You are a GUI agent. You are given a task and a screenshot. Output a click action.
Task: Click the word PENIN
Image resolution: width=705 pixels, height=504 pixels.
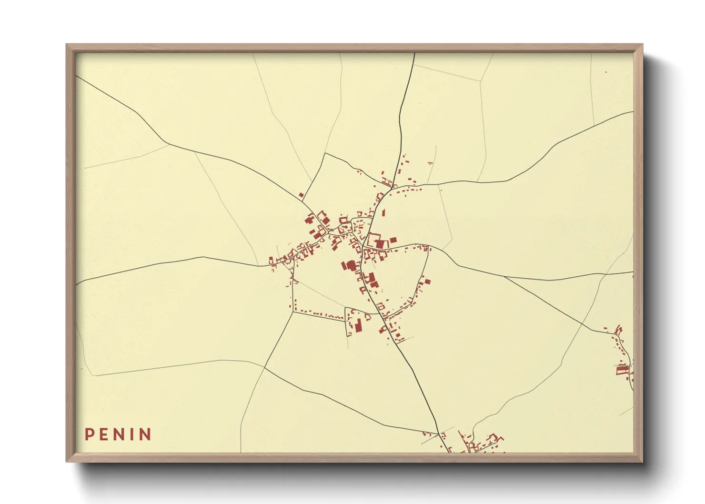[118, 434]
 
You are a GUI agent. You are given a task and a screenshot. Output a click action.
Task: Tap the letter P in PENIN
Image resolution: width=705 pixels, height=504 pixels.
[89, 434]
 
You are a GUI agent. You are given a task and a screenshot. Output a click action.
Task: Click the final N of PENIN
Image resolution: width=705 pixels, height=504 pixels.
[145, 434]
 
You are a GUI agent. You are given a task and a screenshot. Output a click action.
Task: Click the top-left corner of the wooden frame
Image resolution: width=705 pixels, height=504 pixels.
[67, 45]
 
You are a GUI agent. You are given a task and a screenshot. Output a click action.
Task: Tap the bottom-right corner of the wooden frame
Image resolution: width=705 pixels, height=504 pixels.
[642, 461]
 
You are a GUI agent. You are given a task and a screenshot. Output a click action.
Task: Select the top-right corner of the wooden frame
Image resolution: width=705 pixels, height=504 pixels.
[642, 45]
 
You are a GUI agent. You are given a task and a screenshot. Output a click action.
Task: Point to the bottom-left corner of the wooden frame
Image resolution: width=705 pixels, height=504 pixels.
[67, 461]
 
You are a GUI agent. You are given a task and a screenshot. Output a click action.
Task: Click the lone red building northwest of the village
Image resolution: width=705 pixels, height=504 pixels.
[301, 195]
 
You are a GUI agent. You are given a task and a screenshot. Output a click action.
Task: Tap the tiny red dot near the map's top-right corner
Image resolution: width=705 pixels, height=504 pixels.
[606, 72]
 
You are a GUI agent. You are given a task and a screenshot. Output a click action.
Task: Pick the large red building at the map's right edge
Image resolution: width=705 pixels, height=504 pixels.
[622, 370]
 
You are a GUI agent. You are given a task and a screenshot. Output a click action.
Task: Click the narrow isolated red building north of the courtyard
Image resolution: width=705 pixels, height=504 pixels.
[383, 212]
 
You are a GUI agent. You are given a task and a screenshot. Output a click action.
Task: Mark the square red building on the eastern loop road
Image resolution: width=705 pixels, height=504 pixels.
[427, 281]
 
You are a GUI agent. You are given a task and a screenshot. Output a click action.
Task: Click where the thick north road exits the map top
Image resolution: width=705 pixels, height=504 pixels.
[414, 54]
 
